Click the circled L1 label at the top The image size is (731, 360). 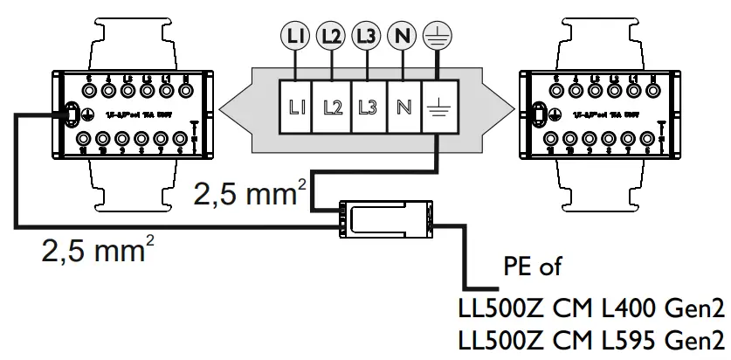(x=294, y=36)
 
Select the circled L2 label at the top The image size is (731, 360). (x=330, y=36)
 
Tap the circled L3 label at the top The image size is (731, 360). (x=366, y=36)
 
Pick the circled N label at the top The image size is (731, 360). (x=402, y=36)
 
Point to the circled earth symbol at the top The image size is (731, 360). (x=434, y=36)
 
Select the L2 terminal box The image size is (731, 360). (x=331, y=107)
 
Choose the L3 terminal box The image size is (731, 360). (x=368, y=107)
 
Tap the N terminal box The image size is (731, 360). (x=403, y=107)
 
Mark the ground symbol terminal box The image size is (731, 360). (x=438, y=107)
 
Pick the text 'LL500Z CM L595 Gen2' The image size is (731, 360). (x=591, y=341)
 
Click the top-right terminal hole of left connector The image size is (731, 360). (x=185, y=88)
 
